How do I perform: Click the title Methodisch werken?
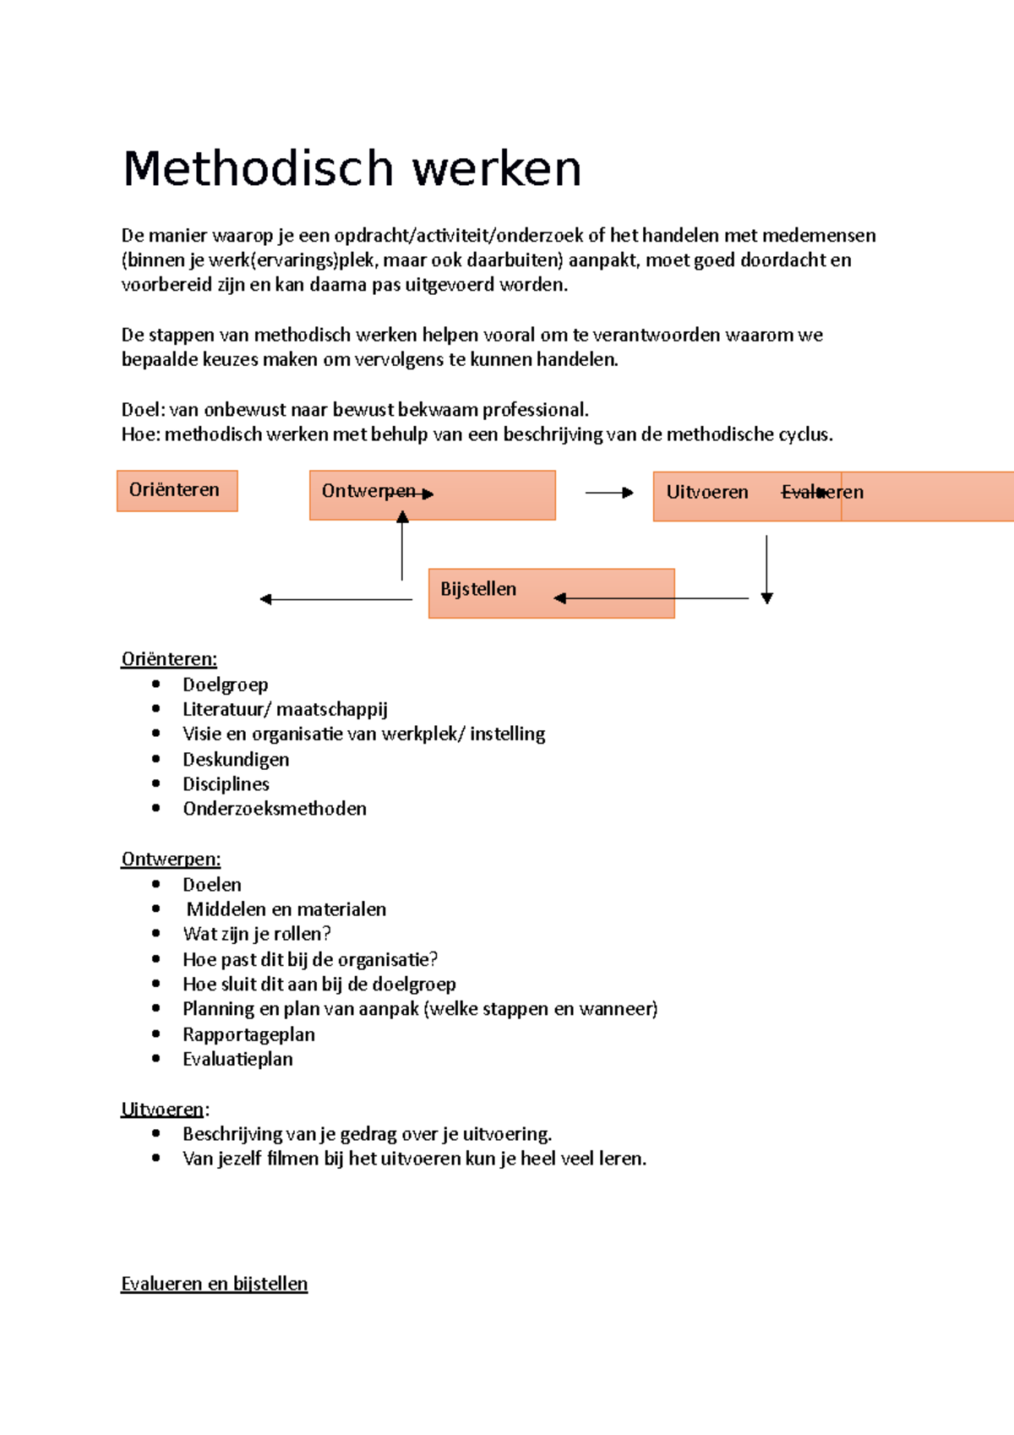[x=352, y=168]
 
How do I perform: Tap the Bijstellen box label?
[x=478, y=589]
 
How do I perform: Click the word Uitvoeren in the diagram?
[x=707, y=492]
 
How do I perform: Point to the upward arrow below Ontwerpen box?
[x=402, y=546]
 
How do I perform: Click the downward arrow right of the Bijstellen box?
[x=766, y=569]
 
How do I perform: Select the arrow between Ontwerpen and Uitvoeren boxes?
[x=608, y=492]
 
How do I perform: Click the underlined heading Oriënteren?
[x=169, y=658]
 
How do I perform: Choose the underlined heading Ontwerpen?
[x=171, y=859]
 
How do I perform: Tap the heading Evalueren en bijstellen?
[x=214, y=1283]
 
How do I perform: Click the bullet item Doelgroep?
[x=225, y=685]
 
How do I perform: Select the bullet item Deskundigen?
[x=236, y=759]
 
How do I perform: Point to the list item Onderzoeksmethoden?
[x=275, y=809]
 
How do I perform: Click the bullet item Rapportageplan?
[x=248, y=1034]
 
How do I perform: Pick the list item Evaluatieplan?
[x=237, y=1059]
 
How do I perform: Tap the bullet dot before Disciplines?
[x=156, y=783]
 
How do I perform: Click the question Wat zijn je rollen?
[x=257, y=934]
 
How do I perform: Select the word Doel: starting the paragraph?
[x=143, y=410]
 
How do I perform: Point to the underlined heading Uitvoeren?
[x=164, y=1109]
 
